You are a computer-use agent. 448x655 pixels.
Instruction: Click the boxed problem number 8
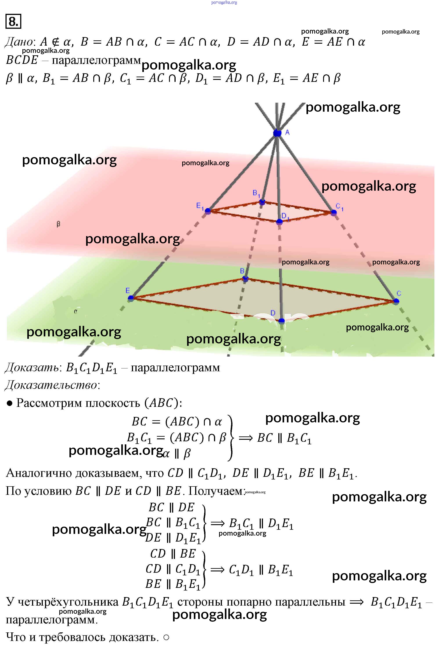tap(13, 22)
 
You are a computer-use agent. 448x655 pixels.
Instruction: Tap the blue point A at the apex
tap(277, 133)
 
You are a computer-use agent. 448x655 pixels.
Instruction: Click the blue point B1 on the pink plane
tap(262, 202)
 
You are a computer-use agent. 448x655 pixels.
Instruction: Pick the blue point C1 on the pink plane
tap(334, 212)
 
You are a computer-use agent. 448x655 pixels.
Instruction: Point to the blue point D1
tap(279, 222)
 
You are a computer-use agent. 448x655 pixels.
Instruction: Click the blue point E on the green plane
tap(131, 298)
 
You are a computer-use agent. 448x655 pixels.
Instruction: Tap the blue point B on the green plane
tap(245, 279)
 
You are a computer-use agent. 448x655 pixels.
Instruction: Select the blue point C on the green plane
tap(396, 301)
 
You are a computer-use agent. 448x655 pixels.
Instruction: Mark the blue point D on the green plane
tap(281, 321)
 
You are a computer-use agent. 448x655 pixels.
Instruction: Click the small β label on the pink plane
tap(58, 224)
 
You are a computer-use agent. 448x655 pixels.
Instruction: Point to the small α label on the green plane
tap(76, 311)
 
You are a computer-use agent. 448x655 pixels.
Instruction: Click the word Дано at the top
tap(19, 42)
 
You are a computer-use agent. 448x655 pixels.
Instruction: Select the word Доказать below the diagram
tap(32, 368)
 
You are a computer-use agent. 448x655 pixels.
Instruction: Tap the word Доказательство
tap(51, 385)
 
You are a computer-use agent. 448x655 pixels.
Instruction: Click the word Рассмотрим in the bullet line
tap(50, 403)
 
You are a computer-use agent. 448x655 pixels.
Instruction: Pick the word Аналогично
tap(39, 473)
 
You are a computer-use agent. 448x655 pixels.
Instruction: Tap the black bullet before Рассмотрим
tap(10, 404)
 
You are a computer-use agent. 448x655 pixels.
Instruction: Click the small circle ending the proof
tap(166, 637)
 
